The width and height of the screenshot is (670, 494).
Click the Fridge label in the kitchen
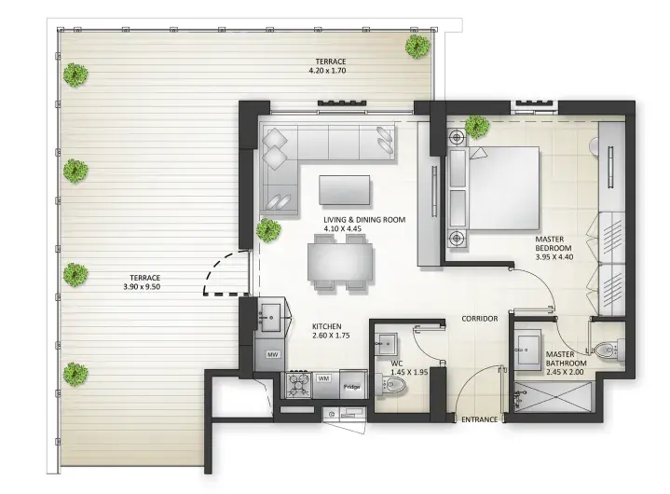pos(351,387)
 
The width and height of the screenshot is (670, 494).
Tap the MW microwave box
pos(272,354)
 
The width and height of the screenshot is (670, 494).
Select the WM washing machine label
pos(323,378)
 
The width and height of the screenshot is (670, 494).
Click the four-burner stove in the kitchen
pos(299,385)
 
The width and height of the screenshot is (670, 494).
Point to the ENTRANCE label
pos(479,419)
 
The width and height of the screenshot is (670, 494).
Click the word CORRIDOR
pos(479,319)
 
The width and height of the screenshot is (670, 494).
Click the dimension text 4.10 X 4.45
pos(342,228)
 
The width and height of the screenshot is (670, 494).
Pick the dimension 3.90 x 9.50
pos(142,287)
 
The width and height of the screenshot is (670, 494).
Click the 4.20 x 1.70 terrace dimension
pos(327,71)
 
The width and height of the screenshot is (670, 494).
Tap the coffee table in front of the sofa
pos(345,190)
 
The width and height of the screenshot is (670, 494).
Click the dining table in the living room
pos(340,262)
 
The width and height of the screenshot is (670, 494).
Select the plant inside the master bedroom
pos(476,126)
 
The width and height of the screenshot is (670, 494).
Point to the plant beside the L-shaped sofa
pos(268,230)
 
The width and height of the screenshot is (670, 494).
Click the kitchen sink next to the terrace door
pos(270,318)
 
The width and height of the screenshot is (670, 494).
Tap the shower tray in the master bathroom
pos(553,397)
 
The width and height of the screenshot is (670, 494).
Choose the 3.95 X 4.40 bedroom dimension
pos(554,257)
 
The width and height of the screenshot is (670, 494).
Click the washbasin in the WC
pos(386,344)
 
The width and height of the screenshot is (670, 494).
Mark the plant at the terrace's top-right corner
pos(417,47)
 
